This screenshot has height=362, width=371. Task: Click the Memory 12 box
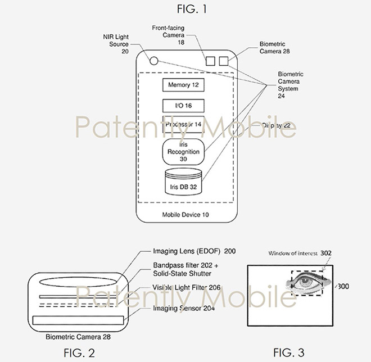tap(183, 85)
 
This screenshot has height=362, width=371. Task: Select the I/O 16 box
tap(183, 105)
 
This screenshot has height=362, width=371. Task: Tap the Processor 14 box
tap(183, 124)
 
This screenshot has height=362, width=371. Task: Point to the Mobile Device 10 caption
tap(183, 215)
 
